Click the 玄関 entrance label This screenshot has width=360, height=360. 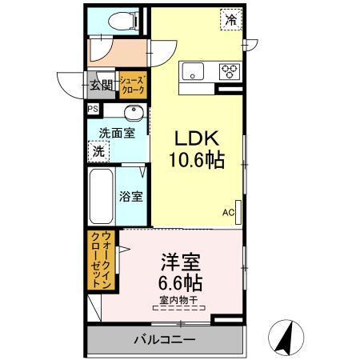101,82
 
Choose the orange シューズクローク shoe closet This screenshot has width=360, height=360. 132,84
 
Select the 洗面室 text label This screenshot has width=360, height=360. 116,133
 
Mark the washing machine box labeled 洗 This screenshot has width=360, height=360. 98,150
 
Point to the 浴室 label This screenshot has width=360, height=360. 131,196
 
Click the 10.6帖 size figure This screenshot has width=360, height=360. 195,159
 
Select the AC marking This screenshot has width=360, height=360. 227,213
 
